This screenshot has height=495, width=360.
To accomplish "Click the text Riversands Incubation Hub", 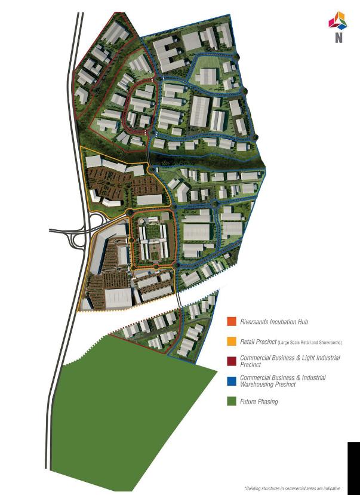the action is [274, 322].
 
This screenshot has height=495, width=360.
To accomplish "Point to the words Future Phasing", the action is [259, 402].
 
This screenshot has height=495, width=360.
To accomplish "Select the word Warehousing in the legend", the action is [257, 385].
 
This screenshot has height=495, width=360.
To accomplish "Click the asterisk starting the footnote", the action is [245, 487].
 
